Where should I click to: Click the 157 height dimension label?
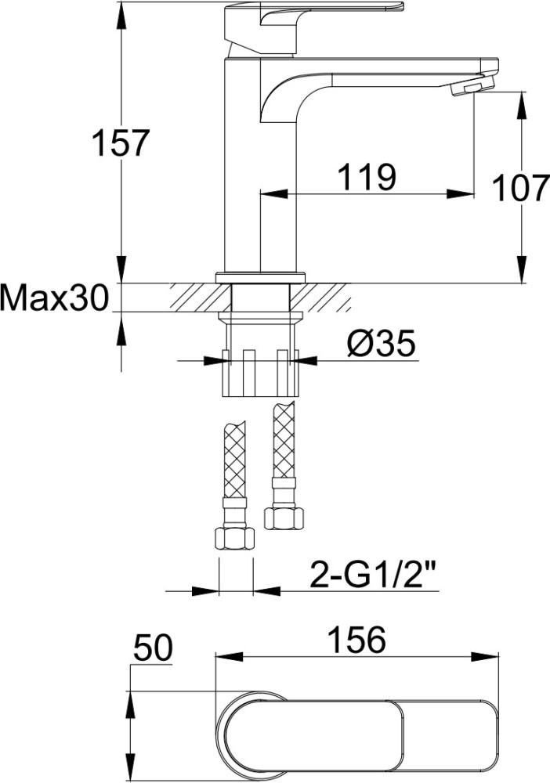tap(121, 143)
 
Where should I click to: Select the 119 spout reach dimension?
tap(367, 176)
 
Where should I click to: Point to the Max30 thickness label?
tap(54, 298)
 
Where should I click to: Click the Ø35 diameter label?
tap(381, 344)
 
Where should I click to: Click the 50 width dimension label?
tap(152, 648)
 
